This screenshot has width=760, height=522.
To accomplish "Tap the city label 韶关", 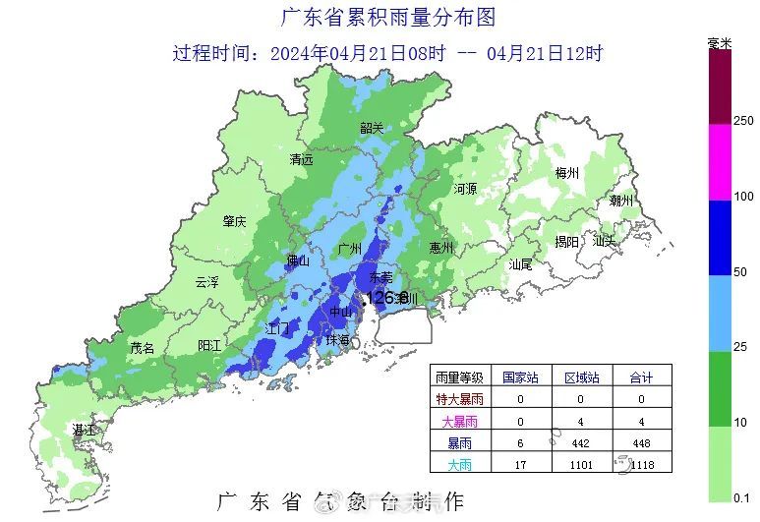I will tap(372, 128).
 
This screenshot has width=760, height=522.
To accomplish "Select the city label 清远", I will tap(301, 159).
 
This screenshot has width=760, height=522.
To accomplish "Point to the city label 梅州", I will tap(567, 173).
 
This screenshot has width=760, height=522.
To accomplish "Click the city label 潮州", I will tap(621, 200).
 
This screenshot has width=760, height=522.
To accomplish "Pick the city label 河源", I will tap(465, 188).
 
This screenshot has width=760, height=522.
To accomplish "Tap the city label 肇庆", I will tap(234, 221).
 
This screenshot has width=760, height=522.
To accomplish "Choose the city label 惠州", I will tap(441, 248).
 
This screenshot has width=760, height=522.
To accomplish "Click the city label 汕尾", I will tap(520, 264).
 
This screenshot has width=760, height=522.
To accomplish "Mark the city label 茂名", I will tap(143, 348).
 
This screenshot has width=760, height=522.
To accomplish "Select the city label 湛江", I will tap(85, 431).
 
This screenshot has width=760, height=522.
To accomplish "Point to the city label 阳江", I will tap(209, 345).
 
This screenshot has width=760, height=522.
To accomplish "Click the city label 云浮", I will tap(206, 282).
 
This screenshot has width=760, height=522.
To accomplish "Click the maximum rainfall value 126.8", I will tap(386, 297).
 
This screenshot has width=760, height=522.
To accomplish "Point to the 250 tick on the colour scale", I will tap(743, 121).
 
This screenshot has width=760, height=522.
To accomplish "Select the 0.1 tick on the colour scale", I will tap(743, 498).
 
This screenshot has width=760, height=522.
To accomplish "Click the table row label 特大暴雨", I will tap(459, 400).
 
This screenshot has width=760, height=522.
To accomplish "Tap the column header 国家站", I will tap(520, 377).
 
